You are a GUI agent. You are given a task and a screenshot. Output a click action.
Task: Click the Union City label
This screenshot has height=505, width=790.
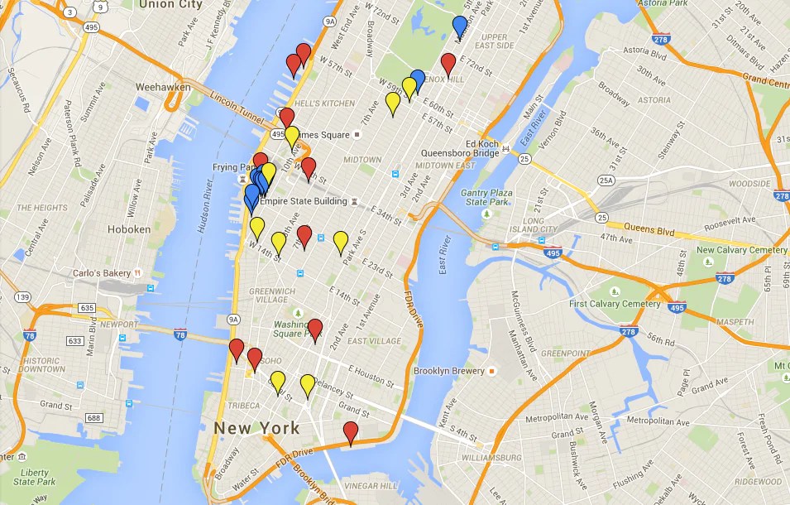click(x=171, y=5)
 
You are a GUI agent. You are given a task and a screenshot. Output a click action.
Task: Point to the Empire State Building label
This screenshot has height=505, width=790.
click(x=303, y=201)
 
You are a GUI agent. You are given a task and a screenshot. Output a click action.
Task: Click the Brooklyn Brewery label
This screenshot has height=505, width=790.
click(x=448, y=371)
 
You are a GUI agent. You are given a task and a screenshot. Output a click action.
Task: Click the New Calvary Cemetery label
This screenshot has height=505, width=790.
click(x=742, y=250)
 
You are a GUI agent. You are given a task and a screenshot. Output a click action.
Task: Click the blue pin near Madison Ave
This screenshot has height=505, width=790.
click(x=460, y=26)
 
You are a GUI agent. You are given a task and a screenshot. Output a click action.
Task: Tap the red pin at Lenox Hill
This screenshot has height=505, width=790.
click(x=448, y=64)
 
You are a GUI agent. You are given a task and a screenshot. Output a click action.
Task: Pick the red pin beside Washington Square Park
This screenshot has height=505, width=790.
click(x=314, y=329)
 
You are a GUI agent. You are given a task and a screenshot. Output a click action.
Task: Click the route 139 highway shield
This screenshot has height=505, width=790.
click(x=22, y=297)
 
